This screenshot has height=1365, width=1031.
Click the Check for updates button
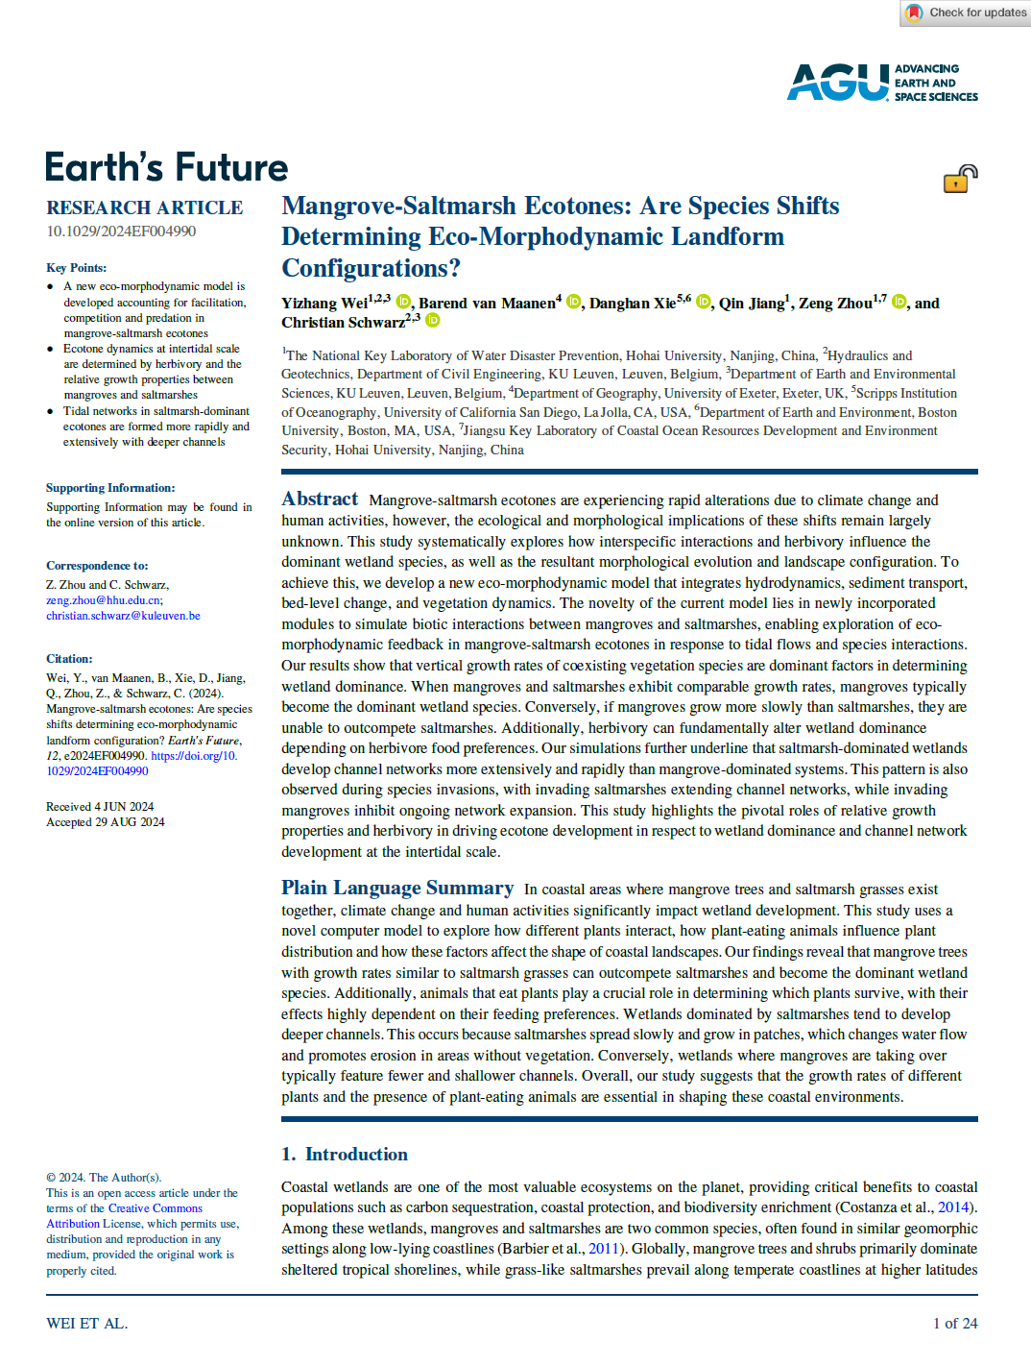[x=966, y=12]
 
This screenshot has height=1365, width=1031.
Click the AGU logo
[x=881, y=83]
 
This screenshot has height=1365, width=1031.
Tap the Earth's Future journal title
[x=166, y=167]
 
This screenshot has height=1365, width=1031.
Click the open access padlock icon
[x=959, y=179]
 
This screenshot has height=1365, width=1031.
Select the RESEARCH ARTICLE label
[x=144, y=207]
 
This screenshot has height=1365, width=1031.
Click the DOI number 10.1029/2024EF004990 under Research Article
[x=121, y=232]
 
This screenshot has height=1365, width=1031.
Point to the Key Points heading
[x=76, y=267]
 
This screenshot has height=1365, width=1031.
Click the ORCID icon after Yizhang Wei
[x=404, y=303]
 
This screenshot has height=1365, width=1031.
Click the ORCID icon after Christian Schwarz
[x=433, y=321]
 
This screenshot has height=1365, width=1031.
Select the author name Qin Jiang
[x=752, y=304]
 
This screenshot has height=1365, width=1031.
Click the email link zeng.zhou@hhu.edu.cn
[x=104, y=600]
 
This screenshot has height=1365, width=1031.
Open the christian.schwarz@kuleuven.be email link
[x=123, y=616]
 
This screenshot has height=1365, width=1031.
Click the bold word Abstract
[x=320, y=499]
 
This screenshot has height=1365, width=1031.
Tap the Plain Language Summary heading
[x=396, y=888]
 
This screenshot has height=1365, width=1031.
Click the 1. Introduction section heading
[x=344, y=1154]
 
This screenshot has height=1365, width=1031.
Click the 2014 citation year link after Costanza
[x=952, y=1207]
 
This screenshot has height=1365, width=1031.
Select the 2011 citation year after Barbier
[x=603, y=1249]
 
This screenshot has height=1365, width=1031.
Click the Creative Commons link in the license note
[x=155, y=1208]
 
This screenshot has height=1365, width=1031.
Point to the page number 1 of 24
[x=954, y=1323]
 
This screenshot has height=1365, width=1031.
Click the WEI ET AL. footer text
[x=86, y=1323]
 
